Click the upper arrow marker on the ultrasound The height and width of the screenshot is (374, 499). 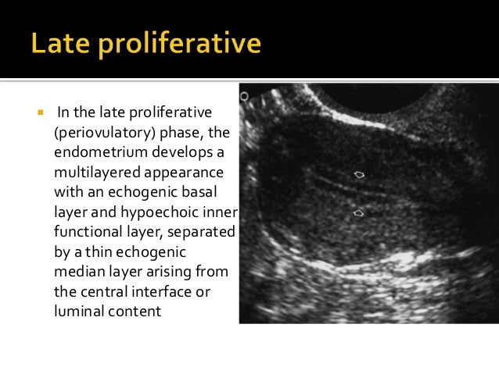pyautogui.click(x=359, y=175)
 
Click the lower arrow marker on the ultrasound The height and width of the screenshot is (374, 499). pyautogui.click(x=358, y=212)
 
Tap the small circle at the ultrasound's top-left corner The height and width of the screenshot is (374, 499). pyautogui.click(x=244, y=96)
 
